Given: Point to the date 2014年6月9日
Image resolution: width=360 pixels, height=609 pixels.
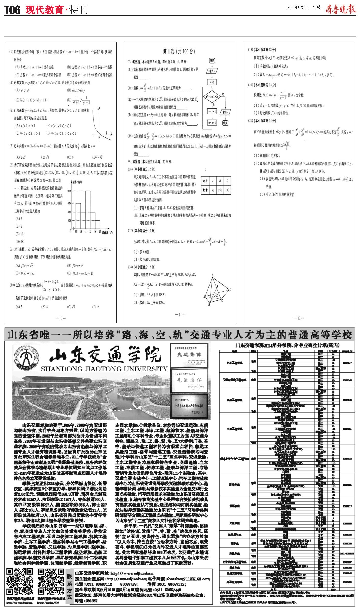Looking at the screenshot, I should pos(298,7).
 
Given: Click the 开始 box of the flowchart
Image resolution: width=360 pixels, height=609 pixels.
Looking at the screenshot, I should pos(212,61).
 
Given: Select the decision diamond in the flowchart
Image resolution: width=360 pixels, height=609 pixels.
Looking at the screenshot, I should pos(212,97).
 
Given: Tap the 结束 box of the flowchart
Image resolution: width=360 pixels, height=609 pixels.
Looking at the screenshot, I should pos(225,123).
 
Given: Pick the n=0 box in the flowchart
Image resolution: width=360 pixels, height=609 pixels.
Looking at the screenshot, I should pos(212,82).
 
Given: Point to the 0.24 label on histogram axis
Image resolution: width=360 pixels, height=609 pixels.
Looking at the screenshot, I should pos(69,203).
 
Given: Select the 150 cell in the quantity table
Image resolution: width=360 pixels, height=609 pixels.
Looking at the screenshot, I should pos(220,190).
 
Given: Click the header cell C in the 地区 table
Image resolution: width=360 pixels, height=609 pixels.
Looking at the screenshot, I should pos(227,181).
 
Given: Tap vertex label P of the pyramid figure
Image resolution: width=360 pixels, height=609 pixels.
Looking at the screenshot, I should pos(212,275).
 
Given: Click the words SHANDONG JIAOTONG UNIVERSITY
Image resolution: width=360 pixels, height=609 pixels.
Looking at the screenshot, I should pos(104,369).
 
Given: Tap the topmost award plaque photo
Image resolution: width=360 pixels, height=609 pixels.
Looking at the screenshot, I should pos(189,354).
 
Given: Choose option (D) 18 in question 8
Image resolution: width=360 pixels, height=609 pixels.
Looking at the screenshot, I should pos(19,242).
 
